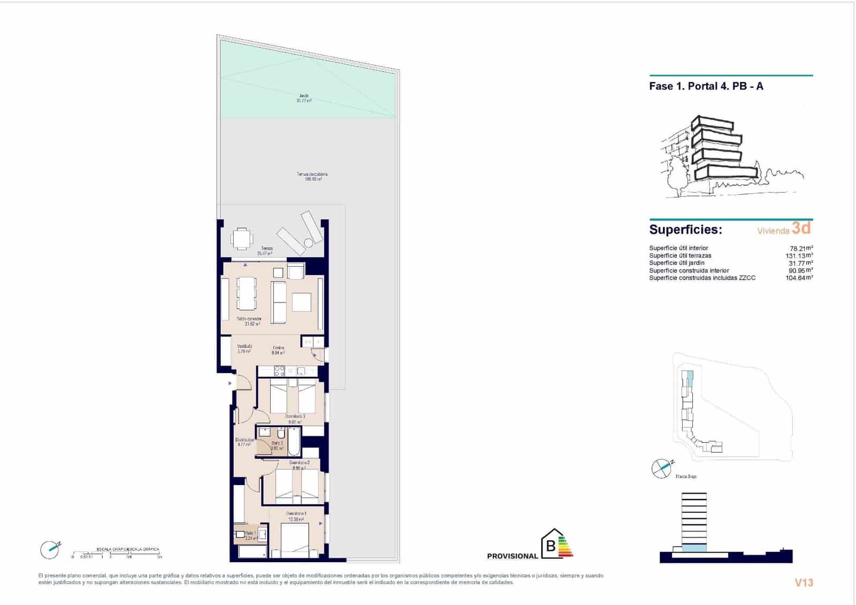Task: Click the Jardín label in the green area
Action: click(304, 98)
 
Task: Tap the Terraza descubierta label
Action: click(312, 177)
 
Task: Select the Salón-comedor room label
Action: click(249, 321)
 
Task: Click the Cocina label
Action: click(278, 350)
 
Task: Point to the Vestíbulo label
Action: click(244, 349)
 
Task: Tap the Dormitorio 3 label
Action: click(295, 419)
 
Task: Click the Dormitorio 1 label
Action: click(296, 516)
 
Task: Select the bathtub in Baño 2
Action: click(294, 441)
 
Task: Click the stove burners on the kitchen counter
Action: click(279, 370)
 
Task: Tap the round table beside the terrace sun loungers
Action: click(309, 243)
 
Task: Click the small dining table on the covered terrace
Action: click(242, 239)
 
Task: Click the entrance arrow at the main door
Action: click(230, 383)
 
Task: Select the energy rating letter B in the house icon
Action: click(551, 547)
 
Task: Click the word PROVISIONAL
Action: click(512, 556)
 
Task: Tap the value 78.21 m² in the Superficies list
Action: click(801, 248)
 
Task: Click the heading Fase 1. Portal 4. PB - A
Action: click(706, 86)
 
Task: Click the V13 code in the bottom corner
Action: click(804, 583)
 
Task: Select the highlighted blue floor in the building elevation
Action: click(694, 547)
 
